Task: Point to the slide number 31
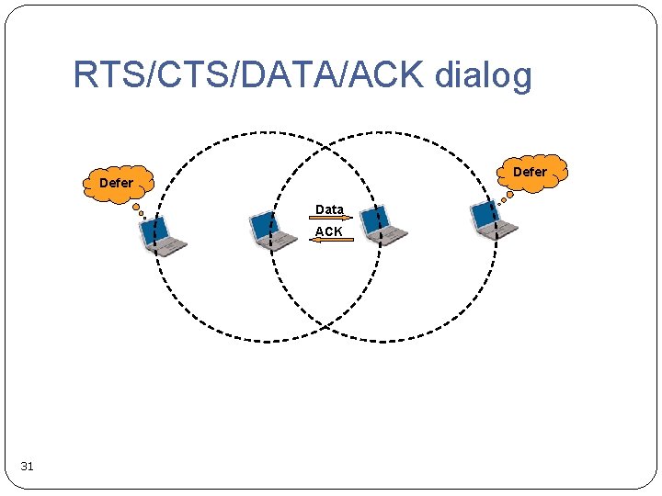27,467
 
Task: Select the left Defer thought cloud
116,183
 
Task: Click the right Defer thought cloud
530,172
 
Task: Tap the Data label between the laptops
329,209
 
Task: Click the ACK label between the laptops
328,231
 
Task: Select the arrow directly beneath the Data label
330,220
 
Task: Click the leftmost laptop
161,235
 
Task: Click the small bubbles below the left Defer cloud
139,210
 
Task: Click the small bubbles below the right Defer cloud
503,197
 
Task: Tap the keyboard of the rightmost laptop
502,230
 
